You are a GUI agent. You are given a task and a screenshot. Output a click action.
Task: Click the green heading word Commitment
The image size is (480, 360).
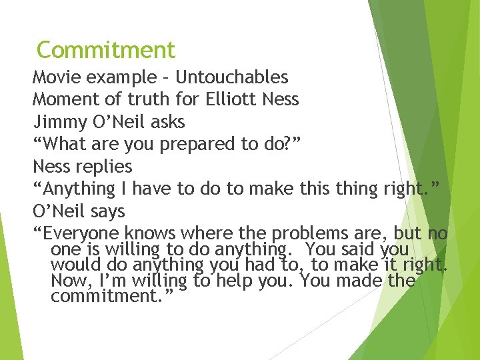coord(106,50)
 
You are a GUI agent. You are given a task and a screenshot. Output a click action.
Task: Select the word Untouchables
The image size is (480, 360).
coord(231,78)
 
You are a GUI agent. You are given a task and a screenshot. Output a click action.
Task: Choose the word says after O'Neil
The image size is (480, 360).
coord(107,211)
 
